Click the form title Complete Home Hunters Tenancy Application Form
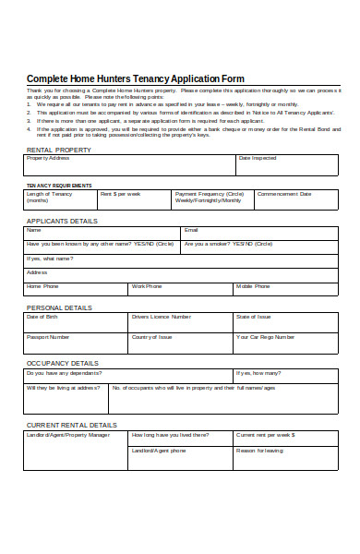pos(135,78)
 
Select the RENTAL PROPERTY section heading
pos(59,149)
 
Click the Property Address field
pos(129,164)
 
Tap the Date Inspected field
pos(288,164)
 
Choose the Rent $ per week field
pos(133,200)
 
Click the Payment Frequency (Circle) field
pos(210,200)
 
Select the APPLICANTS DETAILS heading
pos(62,222)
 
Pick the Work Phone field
pos(181,290)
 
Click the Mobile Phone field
pos(286,290)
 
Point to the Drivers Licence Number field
pos(180,322)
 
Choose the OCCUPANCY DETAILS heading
pos(61,363)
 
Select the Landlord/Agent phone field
pos(180,456)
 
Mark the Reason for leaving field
pos(286,456)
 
